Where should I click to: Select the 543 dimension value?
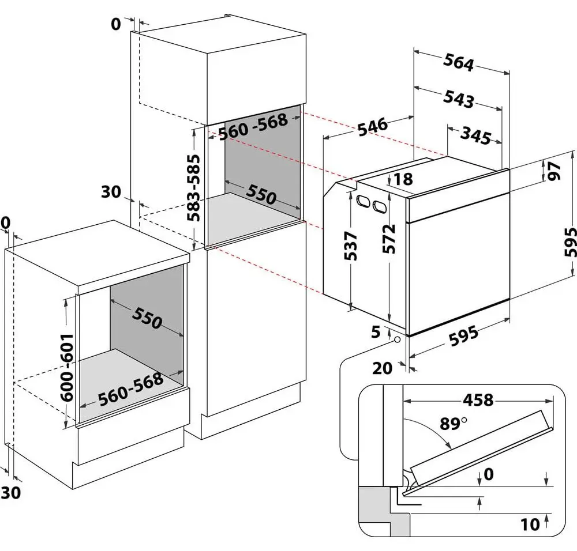click(x=458, y=99)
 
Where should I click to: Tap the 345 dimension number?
click(x=475, y=135)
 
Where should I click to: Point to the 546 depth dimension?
click(x=373, y=127)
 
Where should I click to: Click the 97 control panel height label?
click(x=554, y=171)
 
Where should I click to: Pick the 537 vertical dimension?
click(x=350, y=246)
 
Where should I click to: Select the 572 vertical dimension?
click(x=388, y=239)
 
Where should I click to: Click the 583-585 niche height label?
click(x=193, y=188)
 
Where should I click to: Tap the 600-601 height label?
click(x=67, y=367)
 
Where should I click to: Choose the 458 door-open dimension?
click(x=478, y=400)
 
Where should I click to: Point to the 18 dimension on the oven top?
click(x=403, y=179)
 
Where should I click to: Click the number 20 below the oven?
click(x=383, y=368)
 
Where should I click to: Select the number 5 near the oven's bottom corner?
click(x=376, y=332)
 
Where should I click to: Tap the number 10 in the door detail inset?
click(x=530, y=524)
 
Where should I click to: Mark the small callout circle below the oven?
click(x=398, y=339)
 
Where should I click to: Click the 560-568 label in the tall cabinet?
click(x=253, y=126)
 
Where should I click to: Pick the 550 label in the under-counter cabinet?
click(x=147, y=318)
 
